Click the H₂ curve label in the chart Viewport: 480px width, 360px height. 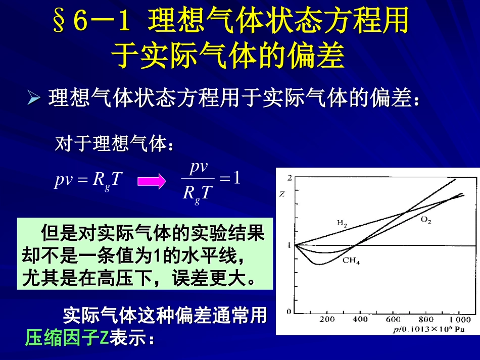[x=342, y=223]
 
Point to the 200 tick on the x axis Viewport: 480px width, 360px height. [x=327, y=320]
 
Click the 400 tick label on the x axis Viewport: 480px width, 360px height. [x=360, y=320]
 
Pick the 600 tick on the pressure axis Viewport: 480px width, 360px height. [x=393, y=320]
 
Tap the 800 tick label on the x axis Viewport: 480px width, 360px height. [x=426, y=320]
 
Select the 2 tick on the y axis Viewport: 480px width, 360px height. [x=289, y=178]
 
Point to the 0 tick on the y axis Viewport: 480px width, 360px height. [x=289, y=312]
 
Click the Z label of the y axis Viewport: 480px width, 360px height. [x=282, y=193]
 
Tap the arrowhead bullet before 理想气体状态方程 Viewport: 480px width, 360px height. [x=34, y=98]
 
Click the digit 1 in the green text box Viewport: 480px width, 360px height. [x=157, y=257]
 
